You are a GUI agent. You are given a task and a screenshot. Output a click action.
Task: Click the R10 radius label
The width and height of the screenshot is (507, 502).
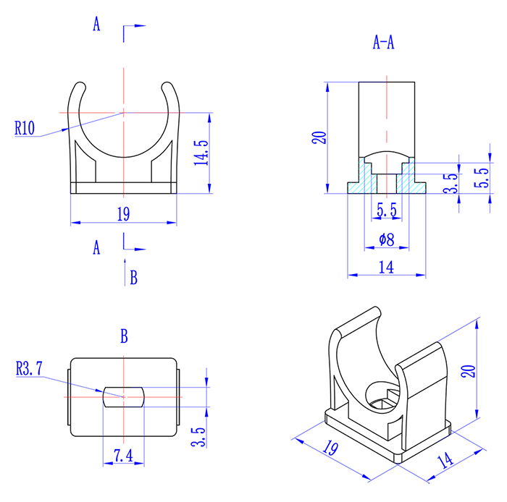pyautogui.click(x=24, y=128)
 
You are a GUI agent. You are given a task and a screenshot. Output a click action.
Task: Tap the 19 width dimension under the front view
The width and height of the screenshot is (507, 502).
pyautogui.click(x=122, y=213)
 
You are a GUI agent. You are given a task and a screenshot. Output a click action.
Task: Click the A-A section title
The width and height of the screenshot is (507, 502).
pyautogui.click(x=383, y=43)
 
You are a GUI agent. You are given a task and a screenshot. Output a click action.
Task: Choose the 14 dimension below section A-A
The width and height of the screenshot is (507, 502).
pyautogui.click(x=385, y=267)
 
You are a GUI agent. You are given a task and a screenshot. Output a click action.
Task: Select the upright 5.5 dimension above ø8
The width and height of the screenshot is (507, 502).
pyautogui.click(x=386, y=210)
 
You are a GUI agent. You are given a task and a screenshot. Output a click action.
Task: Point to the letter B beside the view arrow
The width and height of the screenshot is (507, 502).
pyautogui.click(x=133, y=277)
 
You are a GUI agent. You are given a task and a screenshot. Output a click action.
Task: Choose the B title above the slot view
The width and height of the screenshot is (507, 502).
pyautogui.click(x=124, y=336)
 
